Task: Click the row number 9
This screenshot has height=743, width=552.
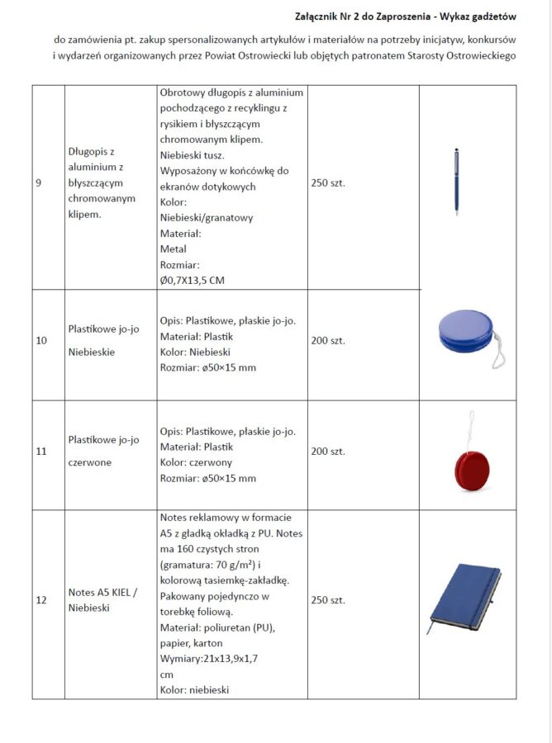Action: coord(39,183)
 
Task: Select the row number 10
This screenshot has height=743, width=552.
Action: coord(41,340)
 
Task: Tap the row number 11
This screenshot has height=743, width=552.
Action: coord(41,452)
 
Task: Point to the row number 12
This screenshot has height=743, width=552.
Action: coord(41,600)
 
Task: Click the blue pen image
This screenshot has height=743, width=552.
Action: coord(456,182)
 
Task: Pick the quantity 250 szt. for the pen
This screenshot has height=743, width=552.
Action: coord(327,183)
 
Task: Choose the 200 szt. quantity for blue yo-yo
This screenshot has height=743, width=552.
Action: coord(327,340)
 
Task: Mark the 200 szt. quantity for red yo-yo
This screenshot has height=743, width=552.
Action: coord(327,452)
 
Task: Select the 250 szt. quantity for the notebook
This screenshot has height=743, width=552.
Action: coord(327,600)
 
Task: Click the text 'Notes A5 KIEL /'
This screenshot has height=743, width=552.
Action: coord(102,593)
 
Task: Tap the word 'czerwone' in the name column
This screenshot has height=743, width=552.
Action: coord(89,462)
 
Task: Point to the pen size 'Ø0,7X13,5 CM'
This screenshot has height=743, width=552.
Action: coord(192,281)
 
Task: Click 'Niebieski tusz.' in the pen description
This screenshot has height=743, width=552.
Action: coord(192,155)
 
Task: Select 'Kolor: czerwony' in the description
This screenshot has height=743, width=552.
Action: coord(196,462)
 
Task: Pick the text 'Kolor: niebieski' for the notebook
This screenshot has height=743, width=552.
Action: coord(194,690)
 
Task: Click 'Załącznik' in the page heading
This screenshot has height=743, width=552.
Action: coord(319,16)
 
